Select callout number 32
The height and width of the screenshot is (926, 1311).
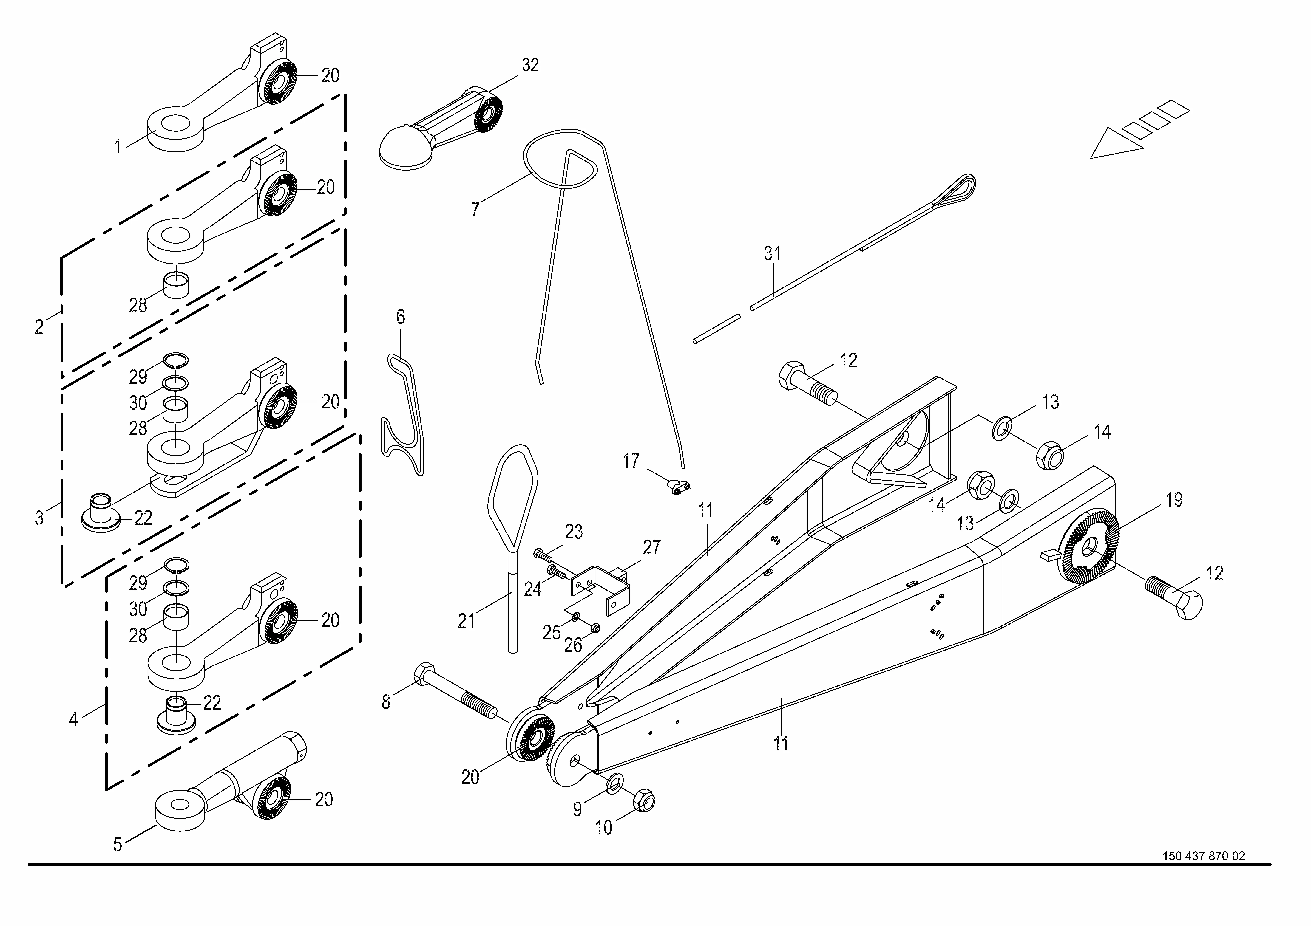click(x=530, y=66)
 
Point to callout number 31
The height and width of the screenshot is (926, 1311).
click(x=772, y=254)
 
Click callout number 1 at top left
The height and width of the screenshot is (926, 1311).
click(x=118, y=147)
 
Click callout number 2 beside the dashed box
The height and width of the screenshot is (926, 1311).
click(x=39, y=327)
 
